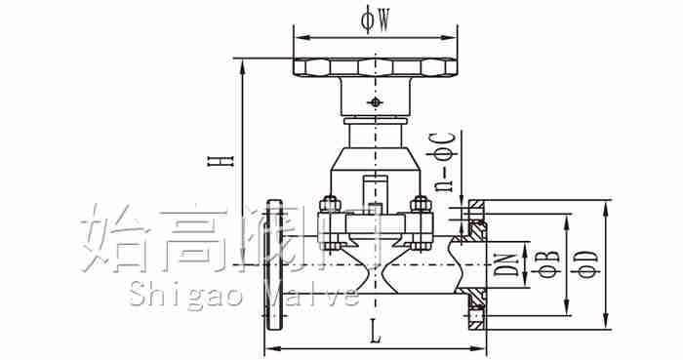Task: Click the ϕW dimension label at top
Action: (375, 20)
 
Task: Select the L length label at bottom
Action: (375, 332)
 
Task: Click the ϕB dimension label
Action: (548, 264)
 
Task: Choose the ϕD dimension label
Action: (588, 264)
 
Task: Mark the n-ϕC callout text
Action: (444, 162)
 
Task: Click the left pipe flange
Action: (274, 265)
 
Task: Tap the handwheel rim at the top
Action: (375, 66)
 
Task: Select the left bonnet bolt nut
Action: (330, 203)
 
